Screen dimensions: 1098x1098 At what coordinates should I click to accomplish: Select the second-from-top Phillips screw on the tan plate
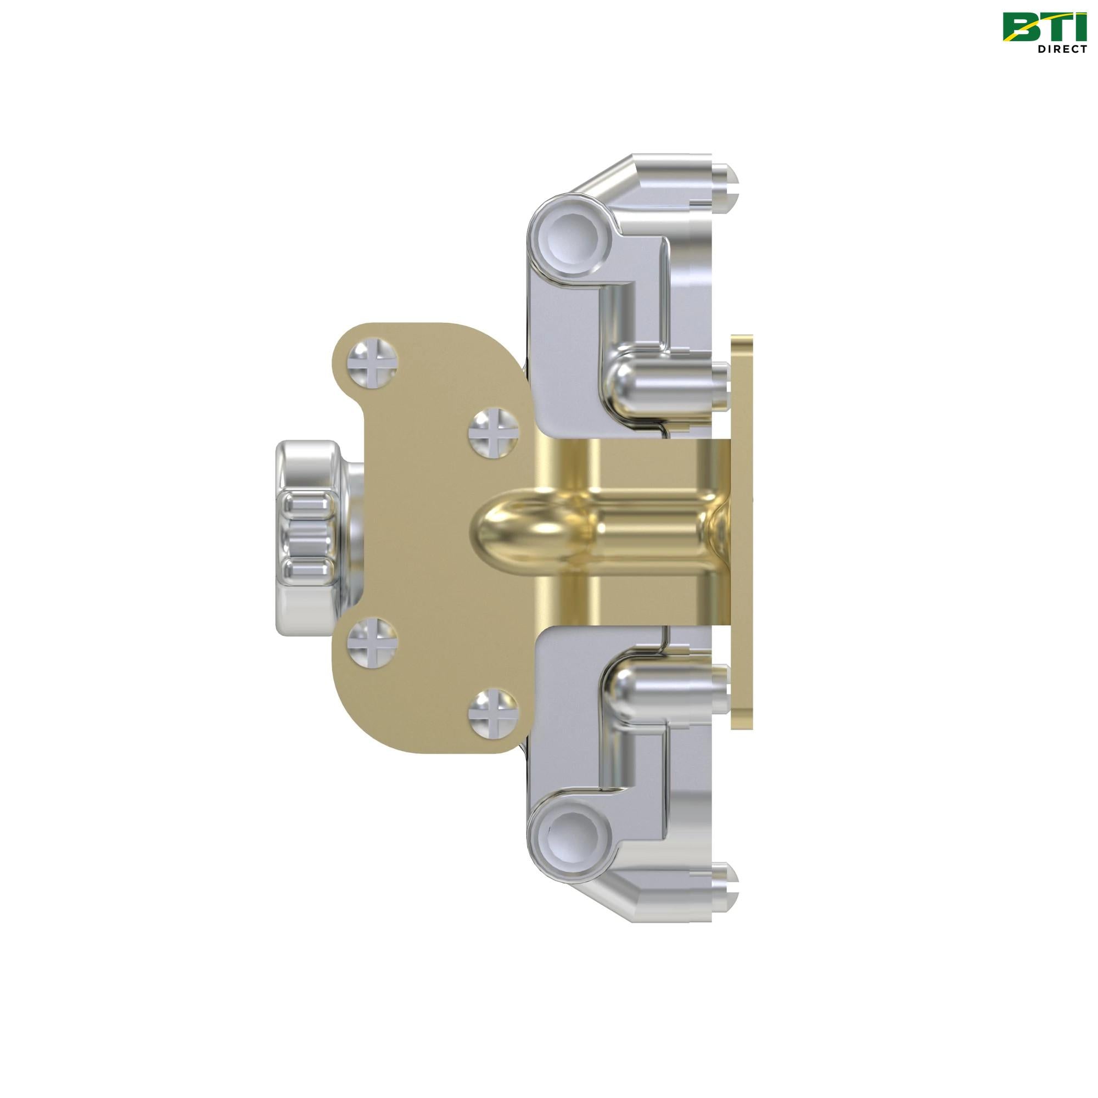pyautogui.click(x=494, y=434)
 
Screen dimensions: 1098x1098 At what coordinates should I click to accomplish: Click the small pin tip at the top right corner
pyautogui.click(x=726, y=180)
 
